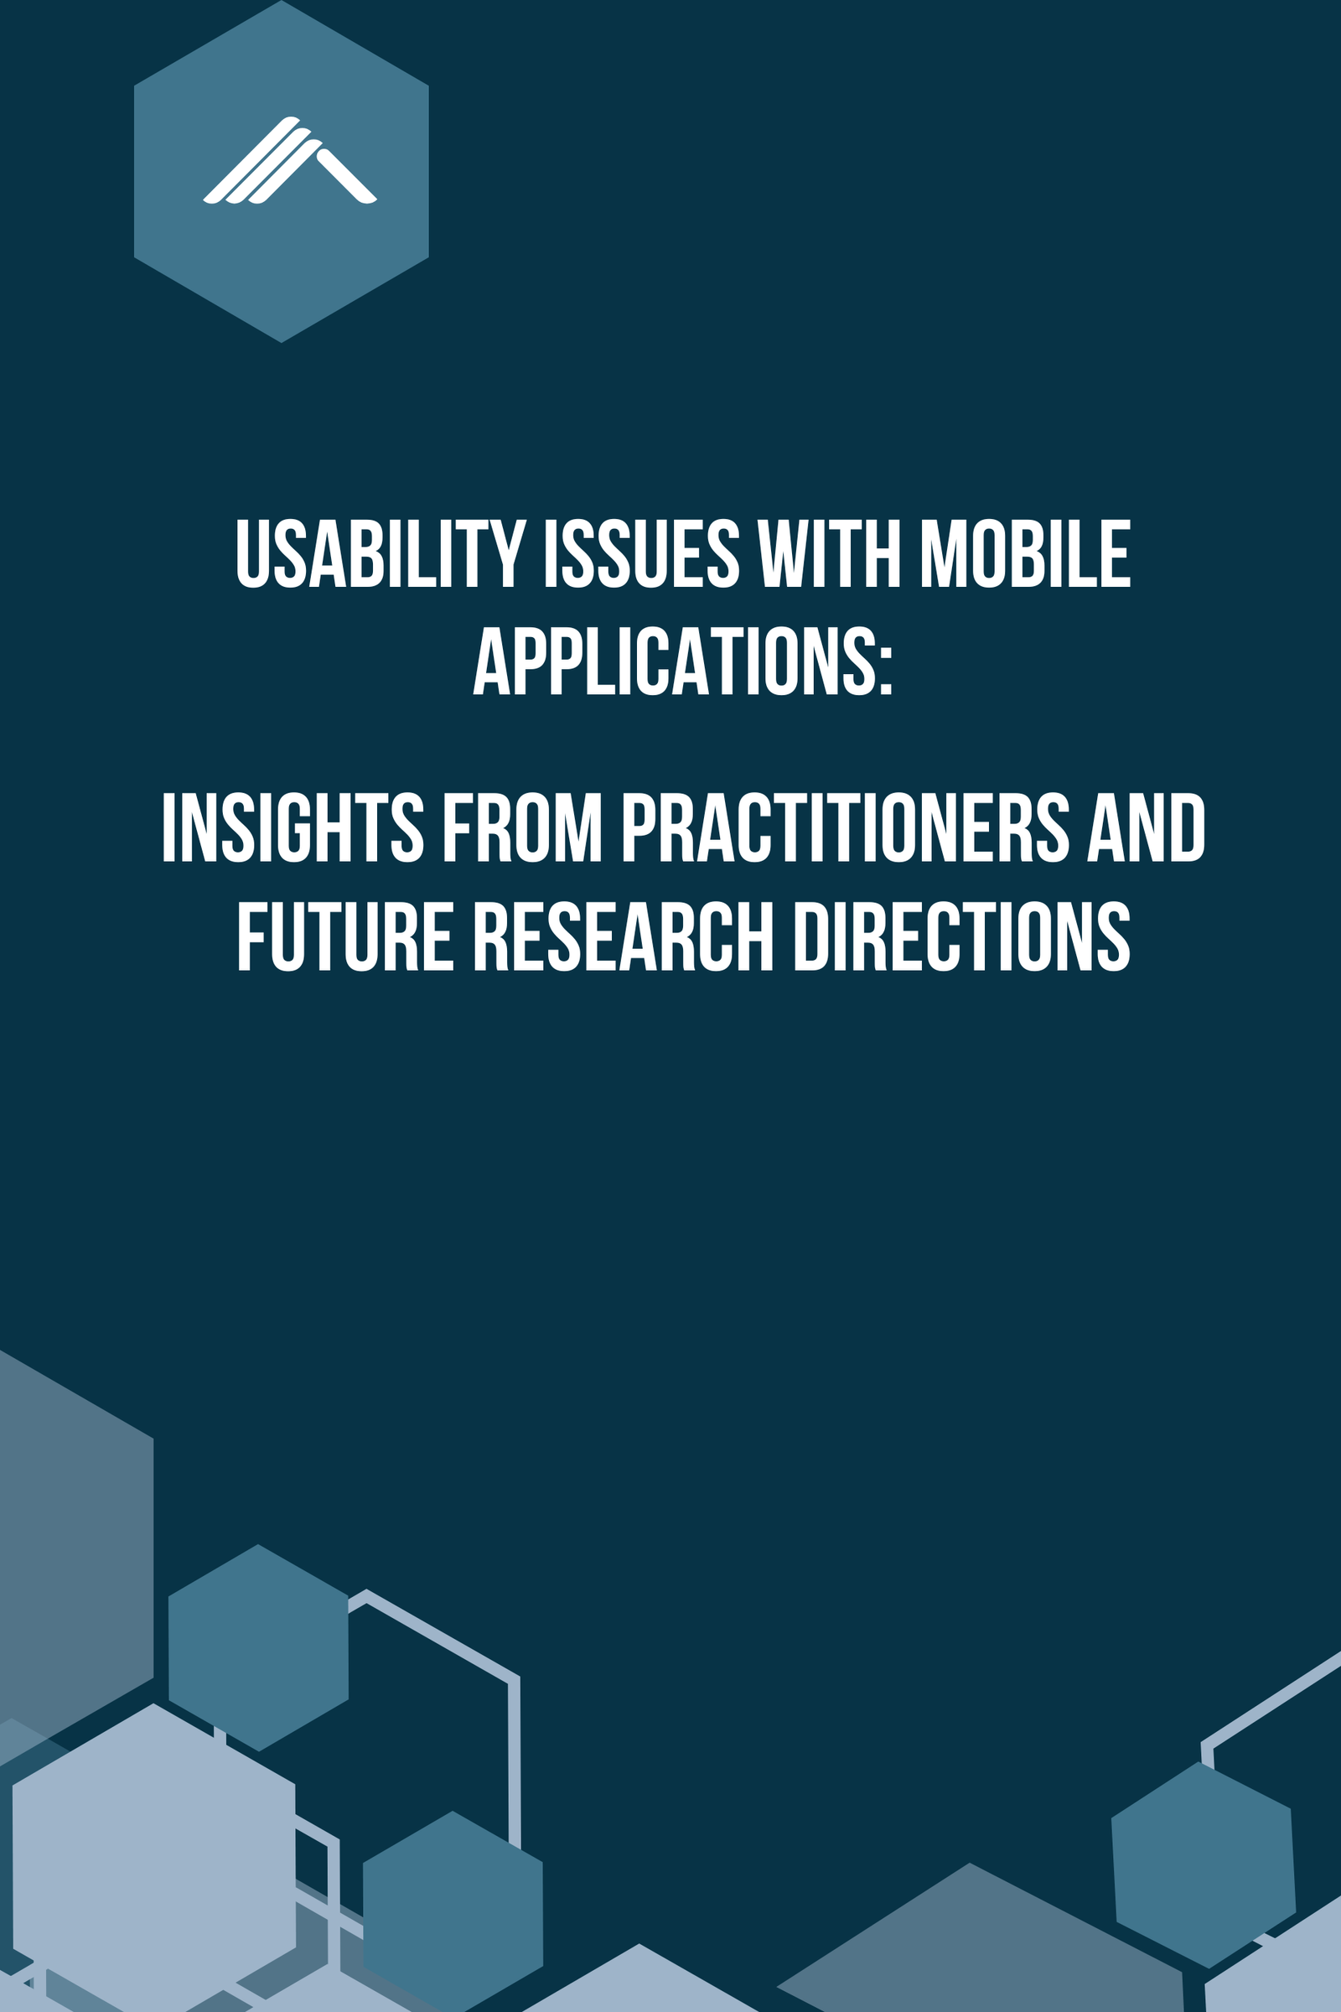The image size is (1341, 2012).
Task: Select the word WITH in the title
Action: (830, 553)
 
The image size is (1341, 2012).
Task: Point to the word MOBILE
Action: (1025, 553)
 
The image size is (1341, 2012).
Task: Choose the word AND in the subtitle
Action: (1146, 827)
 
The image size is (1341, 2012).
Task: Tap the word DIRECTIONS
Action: (963, 936)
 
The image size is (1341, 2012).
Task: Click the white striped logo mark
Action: (290, 160)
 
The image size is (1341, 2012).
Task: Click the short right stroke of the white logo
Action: (346, 176)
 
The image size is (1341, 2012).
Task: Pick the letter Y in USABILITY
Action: (508, 553)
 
